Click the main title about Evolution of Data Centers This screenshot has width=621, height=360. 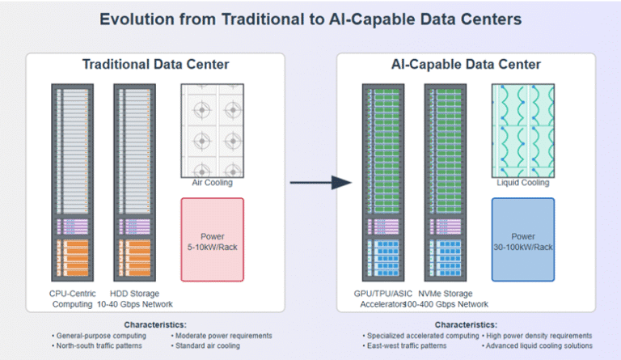(x=310, y=19)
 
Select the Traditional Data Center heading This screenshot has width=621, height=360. (x=154, y=65)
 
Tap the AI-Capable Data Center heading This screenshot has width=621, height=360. (x=465, y=65)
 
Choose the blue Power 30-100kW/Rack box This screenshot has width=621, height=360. (x=522, y=240)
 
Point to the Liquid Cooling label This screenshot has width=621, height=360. (x=522, y=183)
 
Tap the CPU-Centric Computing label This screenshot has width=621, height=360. (x=73, y=299)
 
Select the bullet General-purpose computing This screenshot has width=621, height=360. (x=96, y=335)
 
